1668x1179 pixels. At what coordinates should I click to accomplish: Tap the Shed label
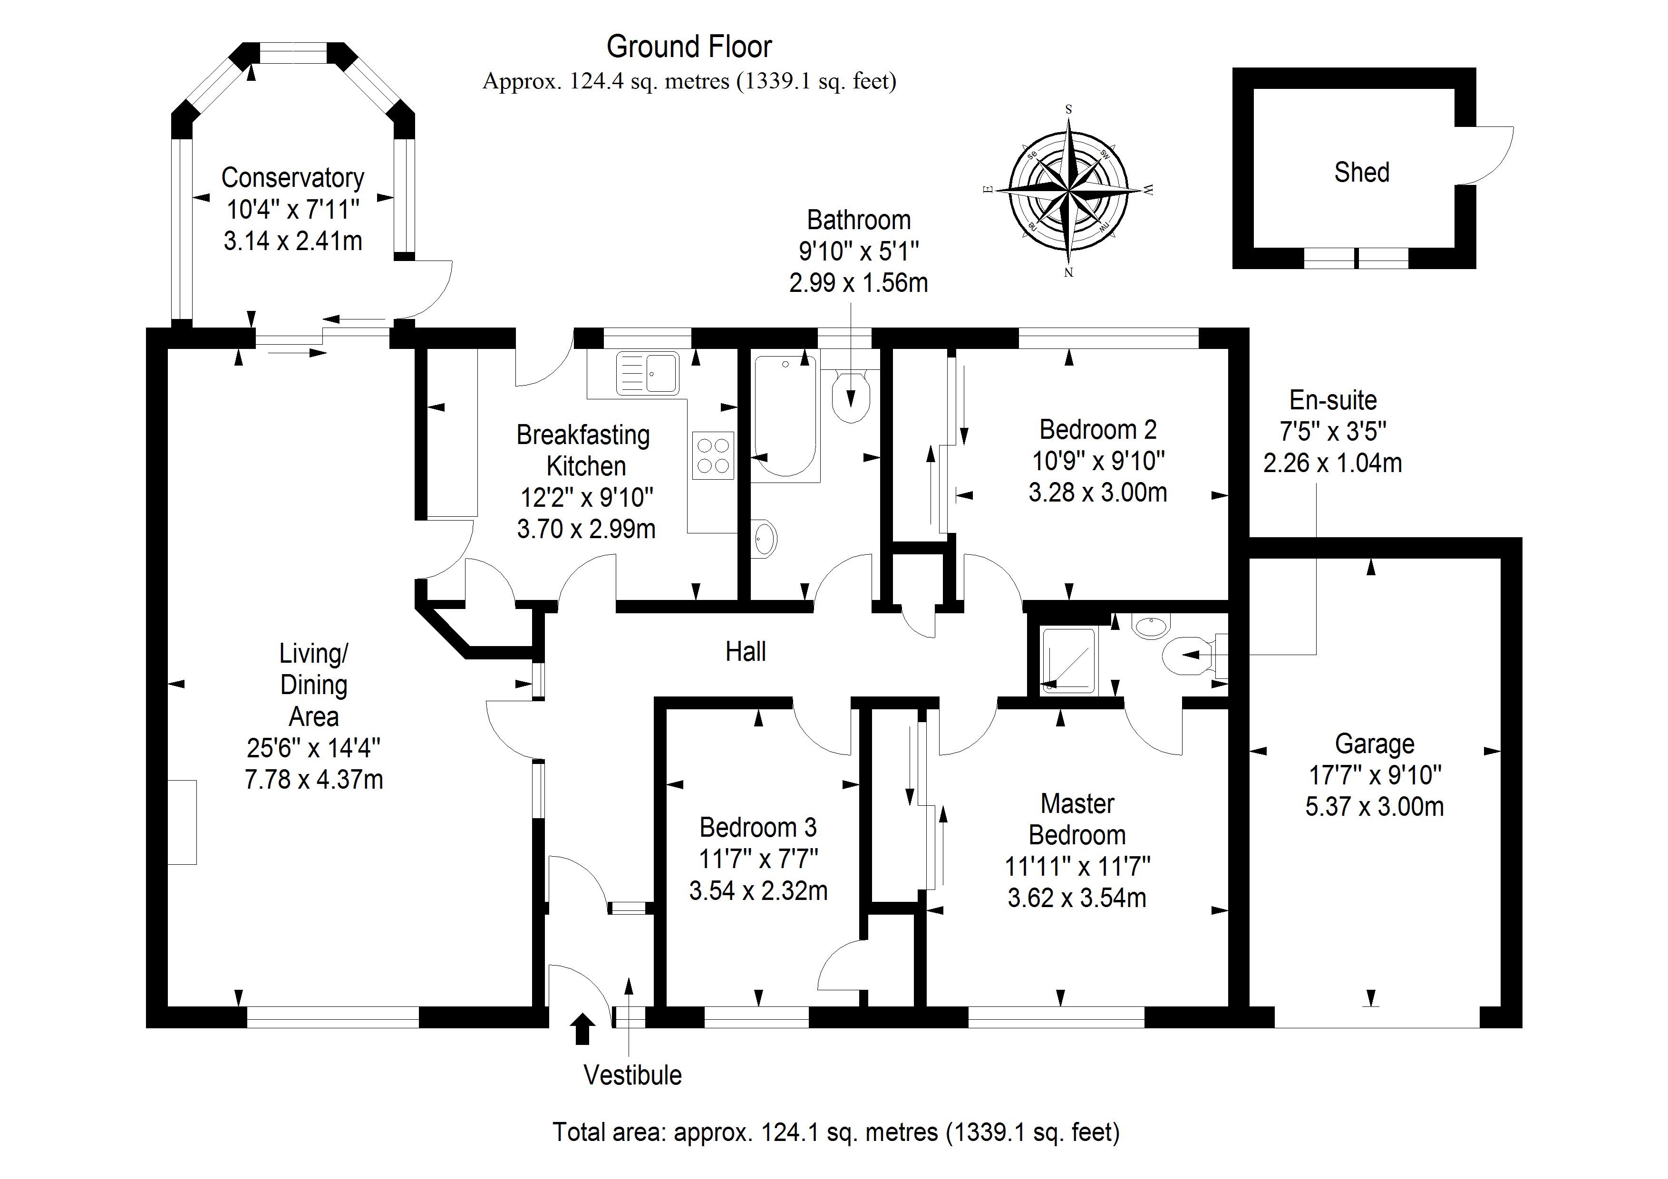(x=1361, y=172)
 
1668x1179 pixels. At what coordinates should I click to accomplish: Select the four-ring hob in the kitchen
(x=713, y=455)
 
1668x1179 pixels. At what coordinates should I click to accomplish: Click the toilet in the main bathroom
(x=851, y=396)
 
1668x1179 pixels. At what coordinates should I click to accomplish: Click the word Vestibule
(x=633, y=1075)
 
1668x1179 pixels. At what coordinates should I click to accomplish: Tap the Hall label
(x=746, y=652)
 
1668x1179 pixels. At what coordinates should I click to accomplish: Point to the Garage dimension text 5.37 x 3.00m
(x=1374, y=806)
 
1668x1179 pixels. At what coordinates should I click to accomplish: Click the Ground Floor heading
(x=689, y=47)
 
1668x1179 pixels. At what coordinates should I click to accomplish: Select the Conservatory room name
(x=293, y=177)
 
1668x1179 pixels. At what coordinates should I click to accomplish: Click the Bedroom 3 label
(x=758, y=827)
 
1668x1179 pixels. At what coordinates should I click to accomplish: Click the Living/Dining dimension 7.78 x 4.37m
(x=314, y=780)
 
